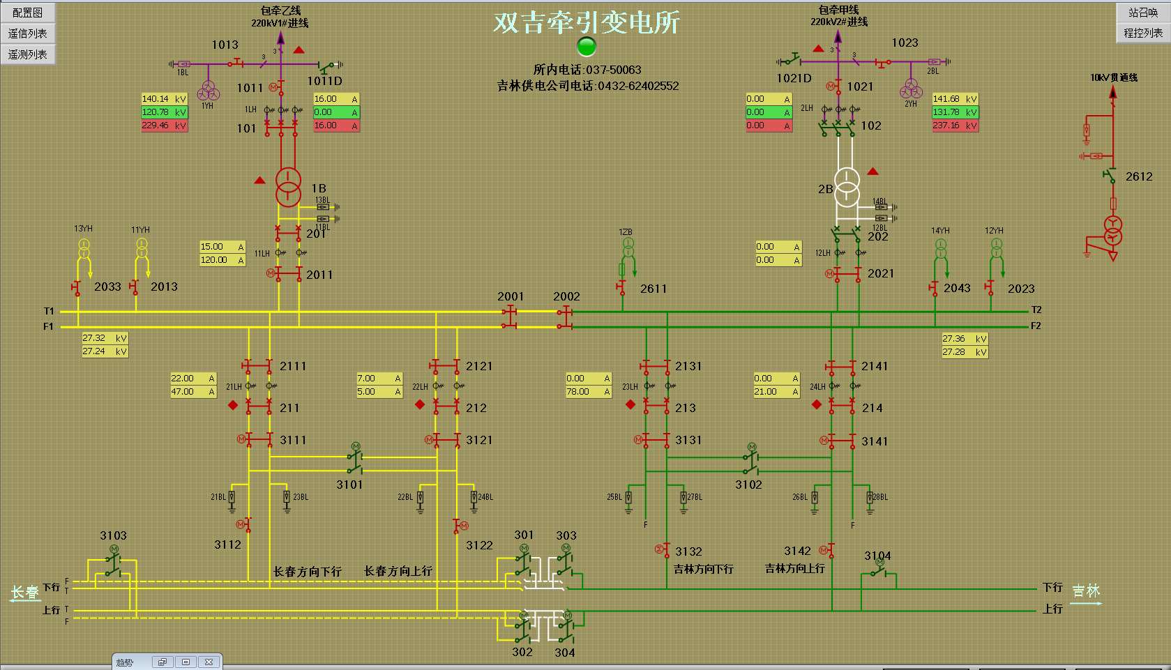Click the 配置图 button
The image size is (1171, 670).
pyautogui.click(x=28, y=13)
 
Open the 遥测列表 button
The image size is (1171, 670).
pyautogui.click(x=28, y=54)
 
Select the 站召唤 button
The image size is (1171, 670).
pyautogui.click(x=1143, y=13)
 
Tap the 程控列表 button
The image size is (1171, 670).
pyautogui.click(x=1143, y=33)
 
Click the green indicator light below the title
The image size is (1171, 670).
pyautogui.click(x=587, y=47)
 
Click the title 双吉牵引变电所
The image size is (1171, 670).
pyautogui.click(x=587, y=22)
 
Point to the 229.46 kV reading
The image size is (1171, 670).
pyautogui.click(x=165, y=125)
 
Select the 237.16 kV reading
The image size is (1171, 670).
pyautogui.click(x=955, y=125)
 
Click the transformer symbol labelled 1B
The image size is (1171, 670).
pyautogui.click(x=288, y=187)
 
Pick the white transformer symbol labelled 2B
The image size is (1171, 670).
pyautogui.click(x=847, y=187)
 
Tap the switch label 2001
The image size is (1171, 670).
pyautogui.click(x=511, y=296)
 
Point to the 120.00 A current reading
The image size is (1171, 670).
pyautogui.click(x=222, y=260)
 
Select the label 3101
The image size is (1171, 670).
pyautogui.click(x=349, y=485)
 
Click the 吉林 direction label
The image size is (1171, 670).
pyautogui.click(x=1086, y=591)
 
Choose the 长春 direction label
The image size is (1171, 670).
pyautogui.click(x=25, y=593)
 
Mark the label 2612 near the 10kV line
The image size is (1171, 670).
pyautogui.click(x=1139, y=176)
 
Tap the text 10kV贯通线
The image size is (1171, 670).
pyautogui.click(x=1114, y=77)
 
